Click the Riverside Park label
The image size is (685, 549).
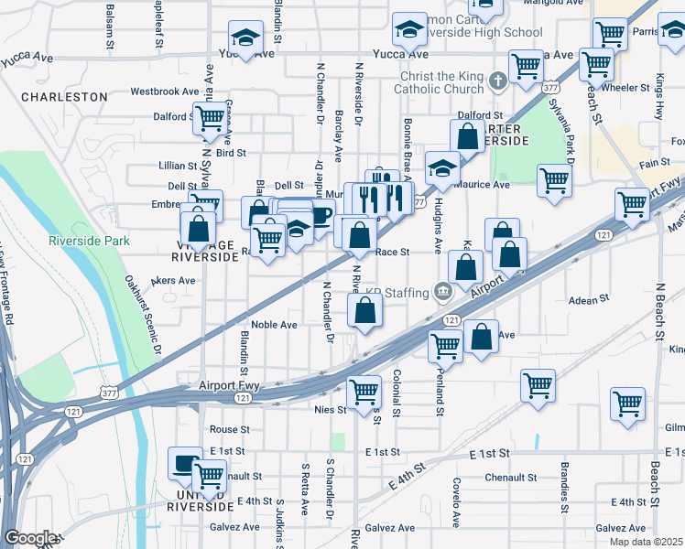coord(89,242)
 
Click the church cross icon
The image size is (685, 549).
coord(497,81)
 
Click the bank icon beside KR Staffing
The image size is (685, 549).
coord(443,292)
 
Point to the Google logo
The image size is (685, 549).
coord(30,538)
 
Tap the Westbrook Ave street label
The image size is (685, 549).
coord(165,91)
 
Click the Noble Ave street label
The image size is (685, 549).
coord(274,325)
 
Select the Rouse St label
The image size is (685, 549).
coord(229,429)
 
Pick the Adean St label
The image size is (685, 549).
coord(589,299)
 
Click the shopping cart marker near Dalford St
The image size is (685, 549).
coord(210,117)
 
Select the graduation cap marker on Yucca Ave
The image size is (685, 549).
coord(245,38)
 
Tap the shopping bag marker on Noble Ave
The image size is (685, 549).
coord(364,311)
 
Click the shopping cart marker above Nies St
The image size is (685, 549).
coord(364,392)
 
